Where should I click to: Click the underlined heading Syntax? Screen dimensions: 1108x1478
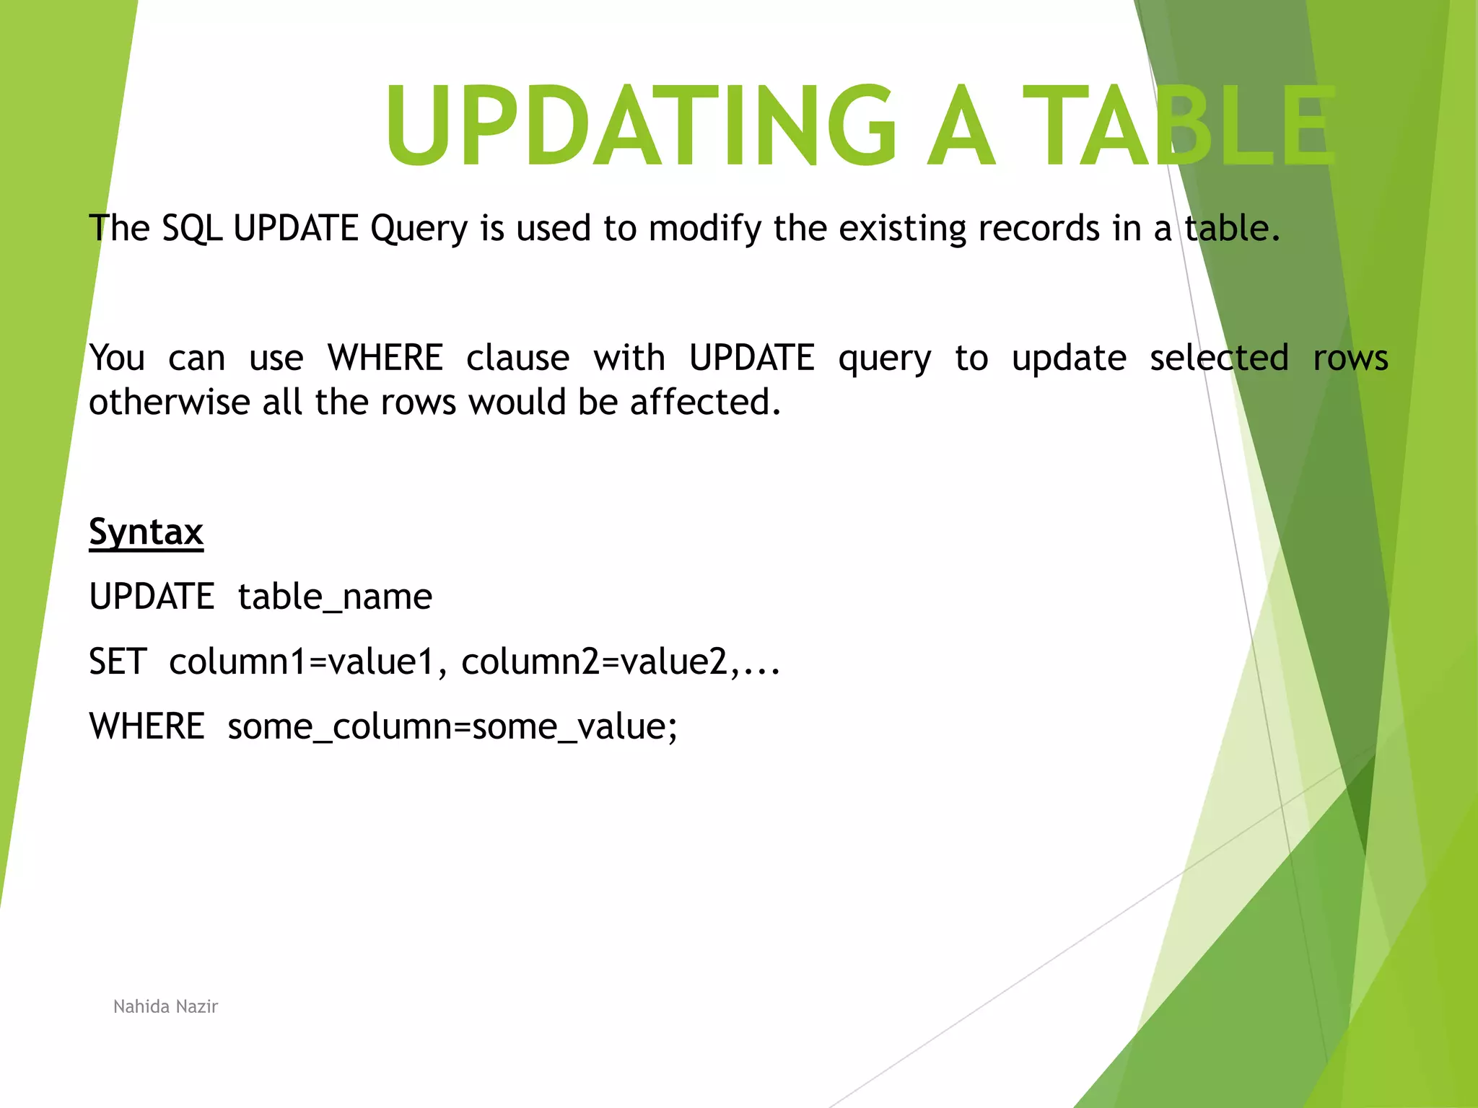point(146,532)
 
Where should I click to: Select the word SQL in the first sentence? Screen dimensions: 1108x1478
point(191,229)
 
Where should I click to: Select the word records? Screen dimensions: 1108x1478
point(1038,229)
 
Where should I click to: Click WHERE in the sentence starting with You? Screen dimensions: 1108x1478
point(385,358)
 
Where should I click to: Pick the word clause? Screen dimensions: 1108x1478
point(517,358)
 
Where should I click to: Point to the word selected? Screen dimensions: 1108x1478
point(1218,358)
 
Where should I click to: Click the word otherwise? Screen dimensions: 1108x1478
point(169,402)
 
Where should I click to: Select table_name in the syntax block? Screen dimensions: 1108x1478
point(335,597)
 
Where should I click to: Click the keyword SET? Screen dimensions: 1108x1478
point(118,661)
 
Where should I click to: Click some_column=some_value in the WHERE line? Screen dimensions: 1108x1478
point(452,726)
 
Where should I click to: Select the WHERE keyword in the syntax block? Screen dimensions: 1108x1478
point(147,726)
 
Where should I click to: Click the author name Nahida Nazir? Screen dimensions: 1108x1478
point(165,1006)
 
